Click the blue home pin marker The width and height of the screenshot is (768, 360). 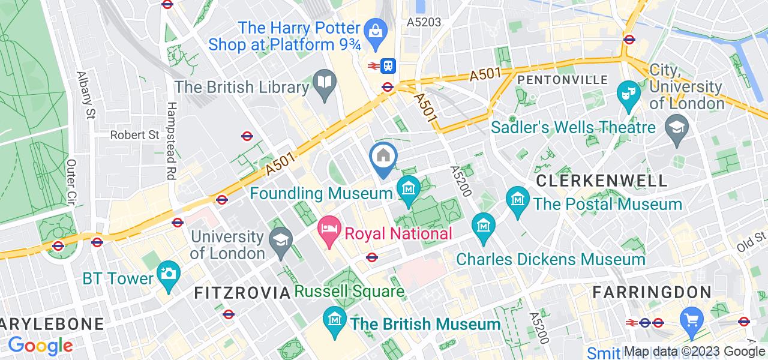click(383, 158)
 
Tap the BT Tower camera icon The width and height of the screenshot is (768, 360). click(168, 274)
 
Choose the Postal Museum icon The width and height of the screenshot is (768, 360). click(517, 197)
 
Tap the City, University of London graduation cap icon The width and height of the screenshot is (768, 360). click(677, 127)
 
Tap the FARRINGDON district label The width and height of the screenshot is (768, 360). click(652, 293)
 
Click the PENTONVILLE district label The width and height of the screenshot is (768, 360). click(562, 80)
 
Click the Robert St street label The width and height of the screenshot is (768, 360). click(134, 135)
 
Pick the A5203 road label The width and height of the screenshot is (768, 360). click(424, 22)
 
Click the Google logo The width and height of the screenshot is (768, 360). click(40, 345)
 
